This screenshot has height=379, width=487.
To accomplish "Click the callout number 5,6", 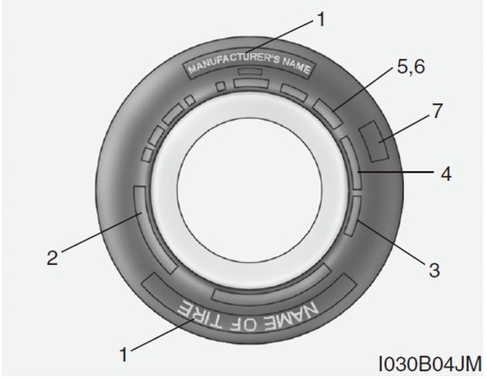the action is pos(410,68).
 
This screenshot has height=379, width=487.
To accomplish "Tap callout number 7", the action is pos(437,111).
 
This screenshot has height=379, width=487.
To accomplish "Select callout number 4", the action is pos(446,173).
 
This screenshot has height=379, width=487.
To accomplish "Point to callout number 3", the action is pos(434,269).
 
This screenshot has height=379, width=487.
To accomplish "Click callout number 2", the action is pos(52,258).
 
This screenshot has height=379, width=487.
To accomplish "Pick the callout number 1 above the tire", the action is pos(321,19).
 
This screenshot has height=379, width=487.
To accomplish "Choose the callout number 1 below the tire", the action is pos(124,354).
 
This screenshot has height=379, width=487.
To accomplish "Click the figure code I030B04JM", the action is pos(430,364).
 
